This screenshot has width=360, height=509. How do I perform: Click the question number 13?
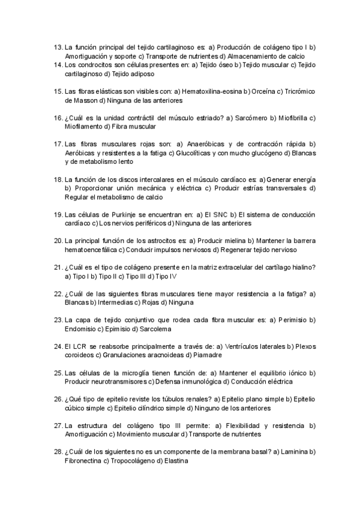(x=58, y=47)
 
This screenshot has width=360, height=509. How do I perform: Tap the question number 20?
(x=58, y=241)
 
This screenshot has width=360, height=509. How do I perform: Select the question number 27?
(x=58, y=426)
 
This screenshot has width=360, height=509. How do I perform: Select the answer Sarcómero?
(x=253, y=118)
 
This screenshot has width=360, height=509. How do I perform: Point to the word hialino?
(x=304, y=267)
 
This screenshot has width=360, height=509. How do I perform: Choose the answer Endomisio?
(x=81, y=329)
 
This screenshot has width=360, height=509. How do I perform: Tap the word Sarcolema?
(x=155, y=329)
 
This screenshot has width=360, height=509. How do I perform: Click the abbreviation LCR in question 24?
(x=80, y=346)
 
